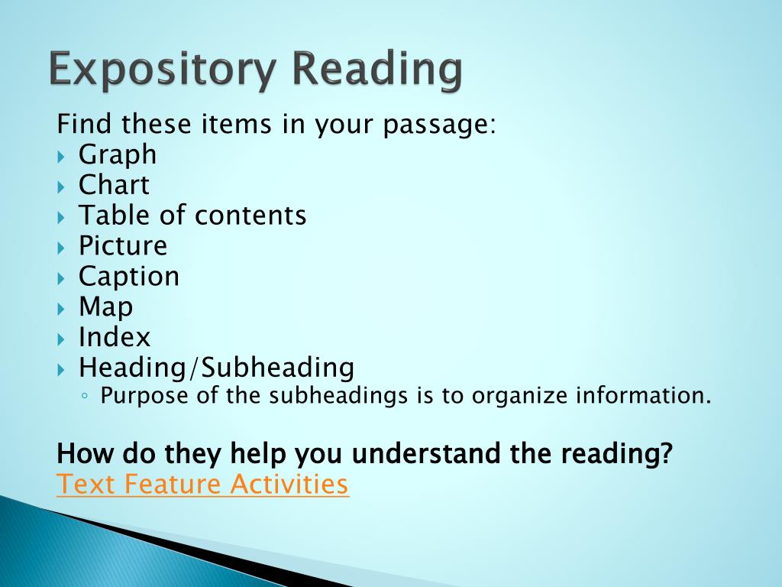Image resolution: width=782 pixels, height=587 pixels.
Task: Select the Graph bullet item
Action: pos(118,155)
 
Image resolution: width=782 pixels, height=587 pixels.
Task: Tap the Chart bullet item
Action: pos(114,185)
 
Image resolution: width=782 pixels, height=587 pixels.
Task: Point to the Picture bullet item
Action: pos(123,246)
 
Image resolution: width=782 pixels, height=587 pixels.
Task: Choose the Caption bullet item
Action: pos(129,277)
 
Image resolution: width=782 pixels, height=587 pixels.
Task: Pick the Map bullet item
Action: pos(105,307)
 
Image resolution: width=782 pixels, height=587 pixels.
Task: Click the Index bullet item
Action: pos(115,338)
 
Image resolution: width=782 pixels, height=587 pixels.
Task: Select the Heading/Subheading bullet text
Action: pos(217,368)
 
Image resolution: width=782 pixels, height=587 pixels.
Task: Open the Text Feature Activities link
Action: pos(202,485)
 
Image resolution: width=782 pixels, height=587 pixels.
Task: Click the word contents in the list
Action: pos(250,216)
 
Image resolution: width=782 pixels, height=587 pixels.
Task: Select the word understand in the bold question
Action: pos(427,454)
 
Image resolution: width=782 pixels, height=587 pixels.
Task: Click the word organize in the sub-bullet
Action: pos(521,397)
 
